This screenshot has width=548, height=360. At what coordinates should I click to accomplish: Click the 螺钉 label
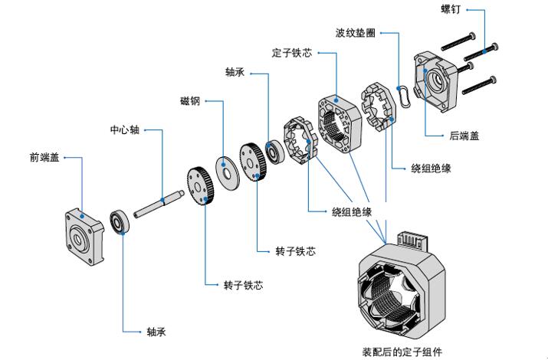tap(450, 10)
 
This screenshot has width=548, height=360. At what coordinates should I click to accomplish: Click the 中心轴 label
tap(124, 129)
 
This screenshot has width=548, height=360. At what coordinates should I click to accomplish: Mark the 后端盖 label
tap(464, 136)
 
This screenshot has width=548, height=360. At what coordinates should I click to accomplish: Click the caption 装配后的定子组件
tap(402, 351)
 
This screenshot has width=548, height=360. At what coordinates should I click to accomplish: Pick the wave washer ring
tap(404, 97)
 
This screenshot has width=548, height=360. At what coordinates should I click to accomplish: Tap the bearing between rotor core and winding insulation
tap(274, 150)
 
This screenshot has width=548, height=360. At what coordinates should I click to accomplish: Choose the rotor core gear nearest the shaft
tap(199, 187)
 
